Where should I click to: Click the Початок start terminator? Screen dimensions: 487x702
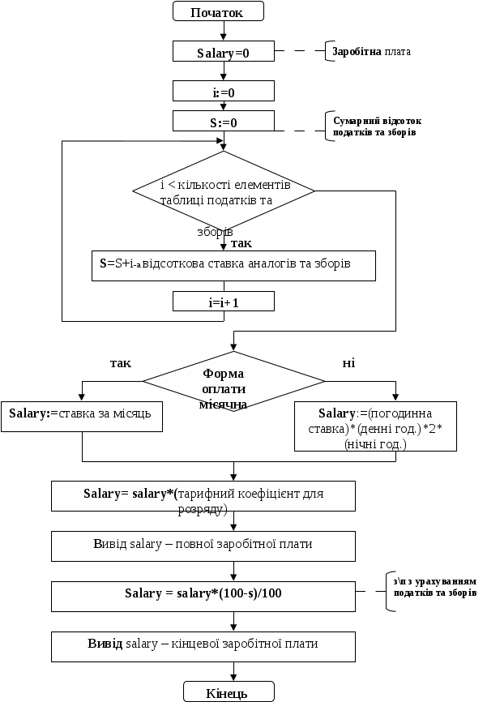(x=220, y=11)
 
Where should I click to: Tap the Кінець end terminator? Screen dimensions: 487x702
(x=220, y=691)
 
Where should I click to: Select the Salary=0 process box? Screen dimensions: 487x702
(x=224, y=53)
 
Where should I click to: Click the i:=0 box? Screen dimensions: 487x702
(x=224, y=92)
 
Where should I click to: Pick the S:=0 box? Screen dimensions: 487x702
(x=224, y=122)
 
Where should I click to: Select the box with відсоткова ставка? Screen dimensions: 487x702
(x=233, y=265)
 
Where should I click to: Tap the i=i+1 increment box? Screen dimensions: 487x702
(x=224, y=302)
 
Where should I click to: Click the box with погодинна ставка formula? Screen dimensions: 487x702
(x=375, y=426)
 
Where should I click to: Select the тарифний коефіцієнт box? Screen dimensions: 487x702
(x=203, y=497)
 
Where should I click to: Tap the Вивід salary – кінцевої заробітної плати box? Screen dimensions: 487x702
(x=203, y=645)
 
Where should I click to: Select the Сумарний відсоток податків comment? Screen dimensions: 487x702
(x=378, y=126)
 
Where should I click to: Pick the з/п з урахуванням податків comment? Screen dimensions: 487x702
(x=434, y=588)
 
